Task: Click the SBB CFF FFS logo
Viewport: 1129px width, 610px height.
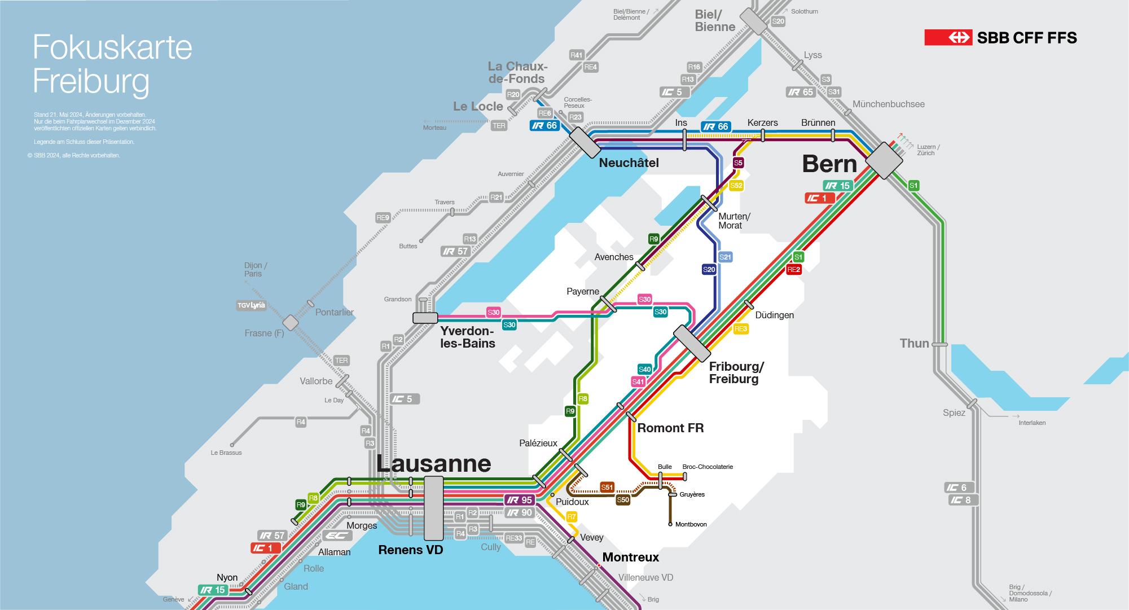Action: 1000,38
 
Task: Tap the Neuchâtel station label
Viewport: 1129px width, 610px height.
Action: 629,163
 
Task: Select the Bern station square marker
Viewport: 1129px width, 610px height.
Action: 884,161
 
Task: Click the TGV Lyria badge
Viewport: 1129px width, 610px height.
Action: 251,305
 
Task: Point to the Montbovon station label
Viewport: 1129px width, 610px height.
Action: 691,524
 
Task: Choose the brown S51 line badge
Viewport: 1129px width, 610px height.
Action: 607,488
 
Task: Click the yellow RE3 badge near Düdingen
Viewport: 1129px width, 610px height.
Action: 741,328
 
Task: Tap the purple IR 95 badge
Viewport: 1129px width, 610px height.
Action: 520,500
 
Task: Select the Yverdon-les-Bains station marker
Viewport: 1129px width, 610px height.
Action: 425,318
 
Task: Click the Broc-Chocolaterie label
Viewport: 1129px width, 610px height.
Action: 708,467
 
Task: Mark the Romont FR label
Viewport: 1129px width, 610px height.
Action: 670,428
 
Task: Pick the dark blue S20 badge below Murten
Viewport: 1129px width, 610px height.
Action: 709,270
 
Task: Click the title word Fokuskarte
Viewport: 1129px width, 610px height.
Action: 112,47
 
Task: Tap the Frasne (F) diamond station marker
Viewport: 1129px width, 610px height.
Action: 290,323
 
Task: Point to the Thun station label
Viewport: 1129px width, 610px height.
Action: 914,343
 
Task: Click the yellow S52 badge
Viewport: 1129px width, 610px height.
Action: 736,185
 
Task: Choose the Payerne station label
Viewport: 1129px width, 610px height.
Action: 583,291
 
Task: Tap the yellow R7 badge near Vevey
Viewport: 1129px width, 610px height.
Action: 572,517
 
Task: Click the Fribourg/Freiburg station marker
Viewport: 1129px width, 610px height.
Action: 692,343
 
